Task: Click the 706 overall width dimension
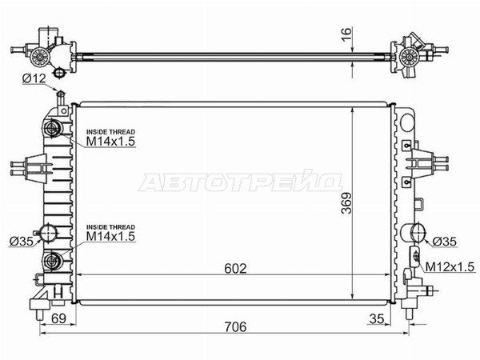(235, 326)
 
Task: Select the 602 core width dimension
(235, 269)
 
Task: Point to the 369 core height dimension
(346, 202)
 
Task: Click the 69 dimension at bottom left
(58, 318)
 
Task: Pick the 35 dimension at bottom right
(377, 318)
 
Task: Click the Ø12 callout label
(34, 79)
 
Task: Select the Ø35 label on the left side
(22, 242)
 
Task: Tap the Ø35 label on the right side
(445, 242)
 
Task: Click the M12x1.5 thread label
(450, 266)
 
